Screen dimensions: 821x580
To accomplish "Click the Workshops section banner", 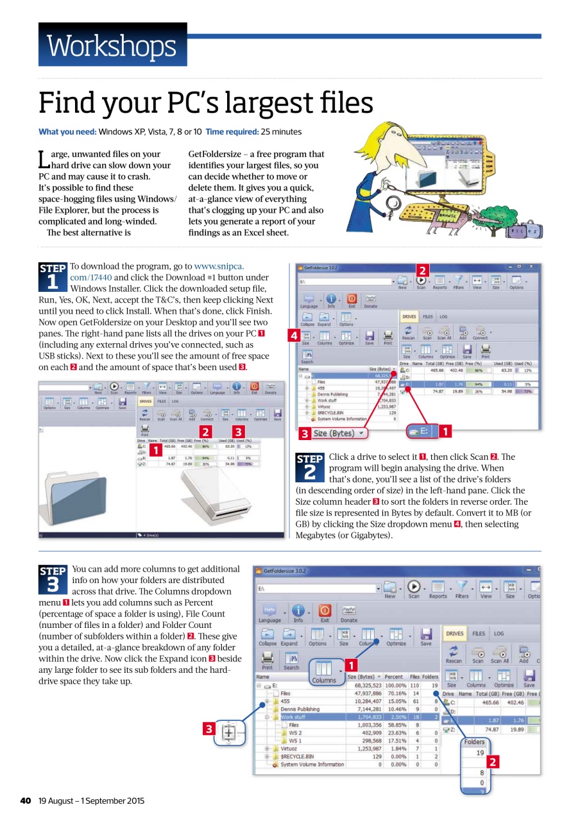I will pos(112,45).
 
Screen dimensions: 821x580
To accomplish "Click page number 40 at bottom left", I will pos(26,800).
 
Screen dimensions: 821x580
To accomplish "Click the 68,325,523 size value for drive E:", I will pos(364,685).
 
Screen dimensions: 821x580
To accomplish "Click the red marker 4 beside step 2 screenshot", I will pos(293,335).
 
